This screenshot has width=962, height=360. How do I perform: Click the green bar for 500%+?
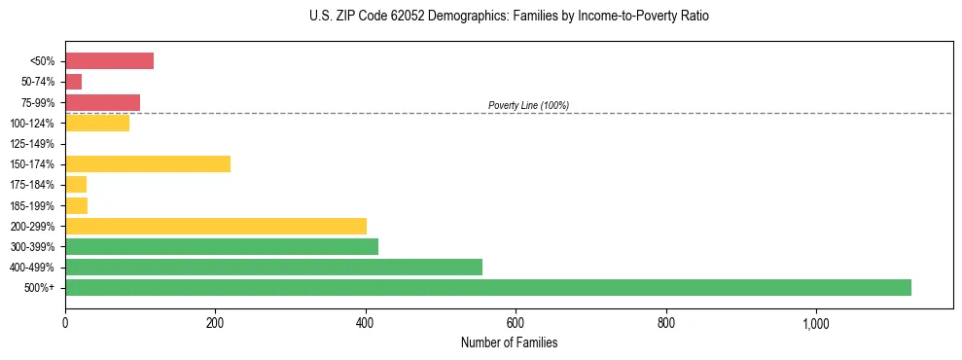coord(487,287)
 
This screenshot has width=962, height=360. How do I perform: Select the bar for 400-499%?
coord(273,267)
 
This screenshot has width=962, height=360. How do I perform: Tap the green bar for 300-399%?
coord(221,246)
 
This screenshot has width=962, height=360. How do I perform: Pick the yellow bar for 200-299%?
coord(215,226)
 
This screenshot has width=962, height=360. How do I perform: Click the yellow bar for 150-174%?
coord(147,163)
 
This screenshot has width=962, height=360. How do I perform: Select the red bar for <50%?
coord(109,60)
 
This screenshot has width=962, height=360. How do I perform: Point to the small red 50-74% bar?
coord(73,81)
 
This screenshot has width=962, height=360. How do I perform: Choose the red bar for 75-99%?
coord(102,102)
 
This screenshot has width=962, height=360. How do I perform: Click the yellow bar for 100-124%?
coord(96,123)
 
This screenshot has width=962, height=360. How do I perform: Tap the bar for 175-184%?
coord(76,184)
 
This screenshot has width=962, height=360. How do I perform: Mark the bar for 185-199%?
coord(76,205)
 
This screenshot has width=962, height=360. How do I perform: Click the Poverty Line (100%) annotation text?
coord(528,105)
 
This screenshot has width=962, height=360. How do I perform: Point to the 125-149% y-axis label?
coord(32,144)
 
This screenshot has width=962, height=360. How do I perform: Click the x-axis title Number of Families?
coord(509,342)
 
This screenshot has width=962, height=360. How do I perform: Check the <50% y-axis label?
coord(43,61)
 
